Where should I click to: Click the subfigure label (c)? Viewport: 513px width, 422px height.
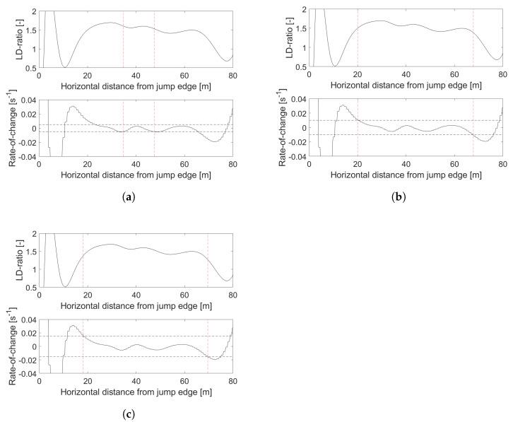[x=128, y=413]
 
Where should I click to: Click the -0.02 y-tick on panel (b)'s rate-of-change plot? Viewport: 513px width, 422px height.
[x=294, y=142]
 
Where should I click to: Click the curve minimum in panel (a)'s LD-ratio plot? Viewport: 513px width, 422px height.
[x=65, y=67]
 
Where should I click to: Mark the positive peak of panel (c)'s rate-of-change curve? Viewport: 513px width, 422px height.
[x=73, y=326]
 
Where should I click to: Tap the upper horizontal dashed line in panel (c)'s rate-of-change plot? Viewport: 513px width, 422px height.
[x=141, y=336]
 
